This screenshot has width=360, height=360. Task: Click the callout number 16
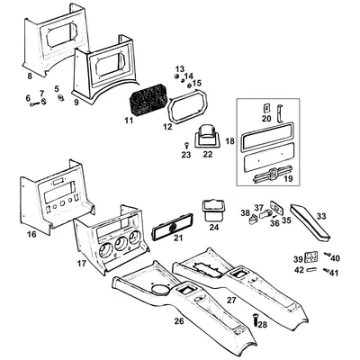click(31, 233)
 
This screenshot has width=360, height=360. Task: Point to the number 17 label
click(83, 264)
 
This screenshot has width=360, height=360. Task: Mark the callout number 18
click(230, 141)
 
